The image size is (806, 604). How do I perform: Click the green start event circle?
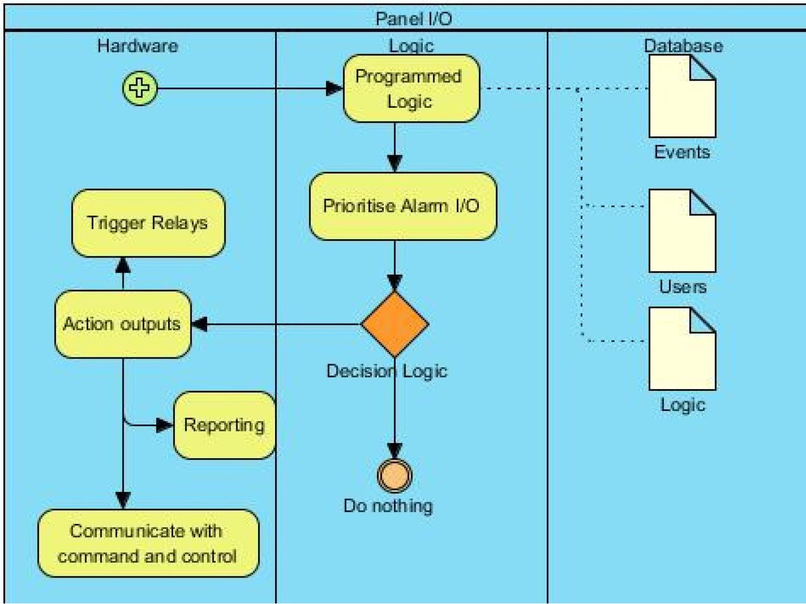click(140, 88)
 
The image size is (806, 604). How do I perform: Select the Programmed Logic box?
click(411, 89)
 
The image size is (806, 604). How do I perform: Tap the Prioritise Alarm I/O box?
click(402, 206)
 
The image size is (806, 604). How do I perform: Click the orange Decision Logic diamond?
click(394, 324)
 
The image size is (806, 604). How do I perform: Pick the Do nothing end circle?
click(394, 476)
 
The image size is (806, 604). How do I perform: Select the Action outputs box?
click(123, 324)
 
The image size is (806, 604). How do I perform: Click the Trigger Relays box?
click(148, 223)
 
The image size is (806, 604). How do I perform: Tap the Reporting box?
click(225, 425)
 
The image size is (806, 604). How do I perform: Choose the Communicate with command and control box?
click(148, 543)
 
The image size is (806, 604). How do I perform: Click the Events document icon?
click(682, 97)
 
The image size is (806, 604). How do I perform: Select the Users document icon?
click(682, 231)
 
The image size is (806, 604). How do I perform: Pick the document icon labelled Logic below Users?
click(682, 349)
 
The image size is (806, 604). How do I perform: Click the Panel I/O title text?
click(413, 19)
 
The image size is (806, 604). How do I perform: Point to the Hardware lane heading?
click(138, 46)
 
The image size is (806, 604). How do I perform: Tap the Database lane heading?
click(683, 46)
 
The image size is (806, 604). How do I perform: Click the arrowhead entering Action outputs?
click(199, 324)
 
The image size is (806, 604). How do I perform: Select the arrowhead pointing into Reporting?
click(164, 425)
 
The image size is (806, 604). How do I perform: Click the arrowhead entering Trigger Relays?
click(123, 265)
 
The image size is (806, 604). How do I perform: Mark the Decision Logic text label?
click(387, 371)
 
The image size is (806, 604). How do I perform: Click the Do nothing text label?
click(388, 506)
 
